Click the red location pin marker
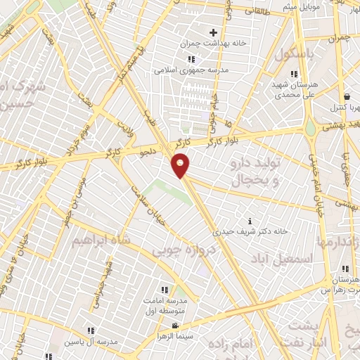coord(181,166)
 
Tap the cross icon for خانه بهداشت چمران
coord(214,32)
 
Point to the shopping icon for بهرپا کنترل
coord(347,97)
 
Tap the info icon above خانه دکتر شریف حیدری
coord(241,221)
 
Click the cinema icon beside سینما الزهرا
coord(175,326)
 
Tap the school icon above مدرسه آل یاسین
coord(90,330)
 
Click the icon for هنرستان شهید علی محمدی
coord(295,74)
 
